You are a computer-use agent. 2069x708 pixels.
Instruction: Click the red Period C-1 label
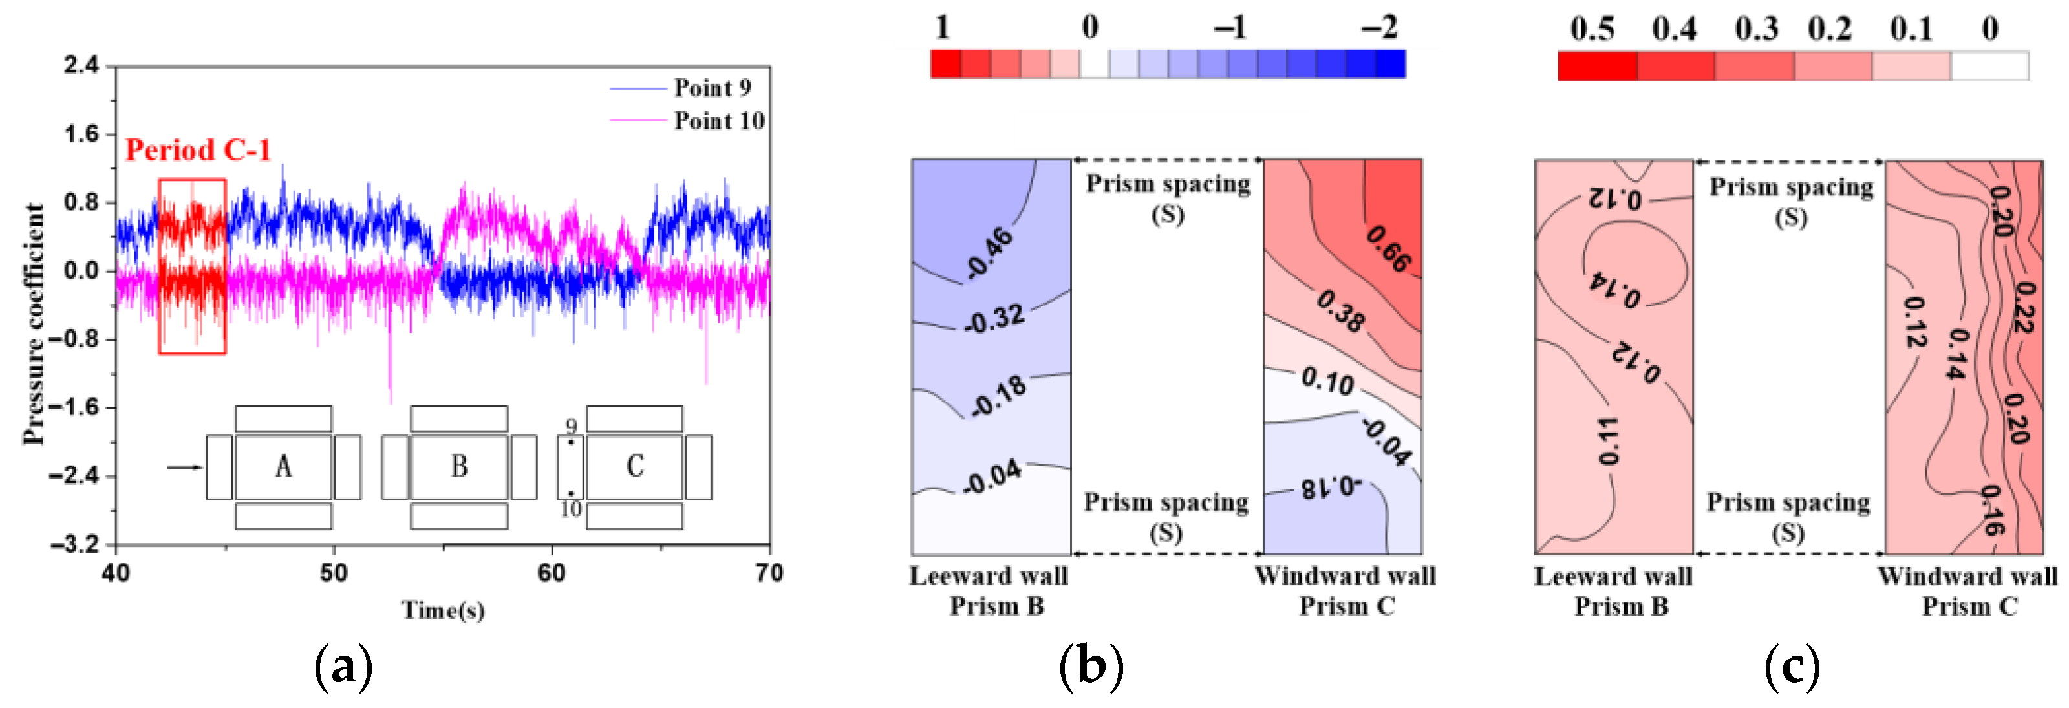[x=198, y=150]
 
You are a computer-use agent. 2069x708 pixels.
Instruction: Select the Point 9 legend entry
[x=712, y=87]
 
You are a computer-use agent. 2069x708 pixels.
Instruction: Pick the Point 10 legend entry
[x=718, y=120]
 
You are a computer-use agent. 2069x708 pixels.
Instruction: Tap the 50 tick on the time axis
[x=334, y=573]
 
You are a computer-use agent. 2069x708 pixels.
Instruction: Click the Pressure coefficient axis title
[x=34, y=324]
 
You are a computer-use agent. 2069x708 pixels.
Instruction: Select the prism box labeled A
[x=283, y=467]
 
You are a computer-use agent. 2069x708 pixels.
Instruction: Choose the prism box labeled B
[x=458, y=467]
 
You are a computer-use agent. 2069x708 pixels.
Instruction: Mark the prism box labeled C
[x=634, y=467]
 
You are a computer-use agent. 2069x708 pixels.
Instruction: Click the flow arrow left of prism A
[x=185, y=467]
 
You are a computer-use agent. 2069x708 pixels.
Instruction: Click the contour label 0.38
[x=1340, y=312]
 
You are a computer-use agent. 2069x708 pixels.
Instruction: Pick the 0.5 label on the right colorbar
[x=1592, y=30]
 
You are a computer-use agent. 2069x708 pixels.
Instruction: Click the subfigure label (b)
[x=1091, y=666]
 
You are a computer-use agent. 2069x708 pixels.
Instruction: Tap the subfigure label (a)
[x=344, y=666]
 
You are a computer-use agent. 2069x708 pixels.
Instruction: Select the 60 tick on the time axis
[x=552, y=573]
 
